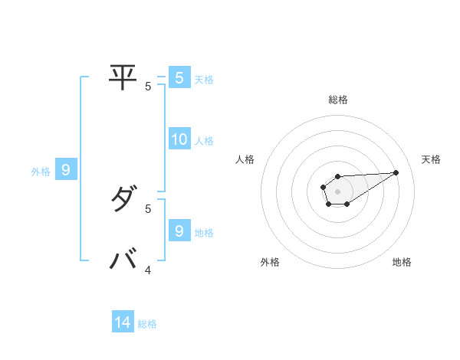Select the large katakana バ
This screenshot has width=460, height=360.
(123, 259)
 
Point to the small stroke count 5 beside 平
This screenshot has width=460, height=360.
(148, 87)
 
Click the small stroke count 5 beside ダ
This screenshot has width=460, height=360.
(148, 208)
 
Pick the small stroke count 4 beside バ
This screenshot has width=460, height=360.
(148, 270)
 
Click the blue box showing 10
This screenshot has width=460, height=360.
(179, 139)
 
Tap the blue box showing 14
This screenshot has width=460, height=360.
(123, 322)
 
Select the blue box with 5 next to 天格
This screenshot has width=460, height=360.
(179, 77)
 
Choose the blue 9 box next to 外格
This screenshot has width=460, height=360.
(66, 170)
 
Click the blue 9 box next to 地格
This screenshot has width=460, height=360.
(179, 231)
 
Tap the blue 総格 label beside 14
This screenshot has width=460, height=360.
(147, 324)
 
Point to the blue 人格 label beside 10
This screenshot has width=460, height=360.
(204, 141)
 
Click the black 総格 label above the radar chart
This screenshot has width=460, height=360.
(338, 100)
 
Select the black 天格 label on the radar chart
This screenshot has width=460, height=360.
(431, 159)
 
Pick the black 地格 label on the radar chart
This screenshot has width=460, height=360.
(402, 262)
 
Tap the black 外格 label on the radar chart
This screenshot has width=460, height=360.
(270, 262)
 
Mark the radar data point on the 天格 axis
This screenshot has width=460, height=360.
(396, 172)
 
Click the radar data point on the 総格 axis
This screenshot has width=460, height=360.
(338, 177)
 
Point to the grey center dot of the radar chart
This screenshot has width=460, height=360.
(338, 191)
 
